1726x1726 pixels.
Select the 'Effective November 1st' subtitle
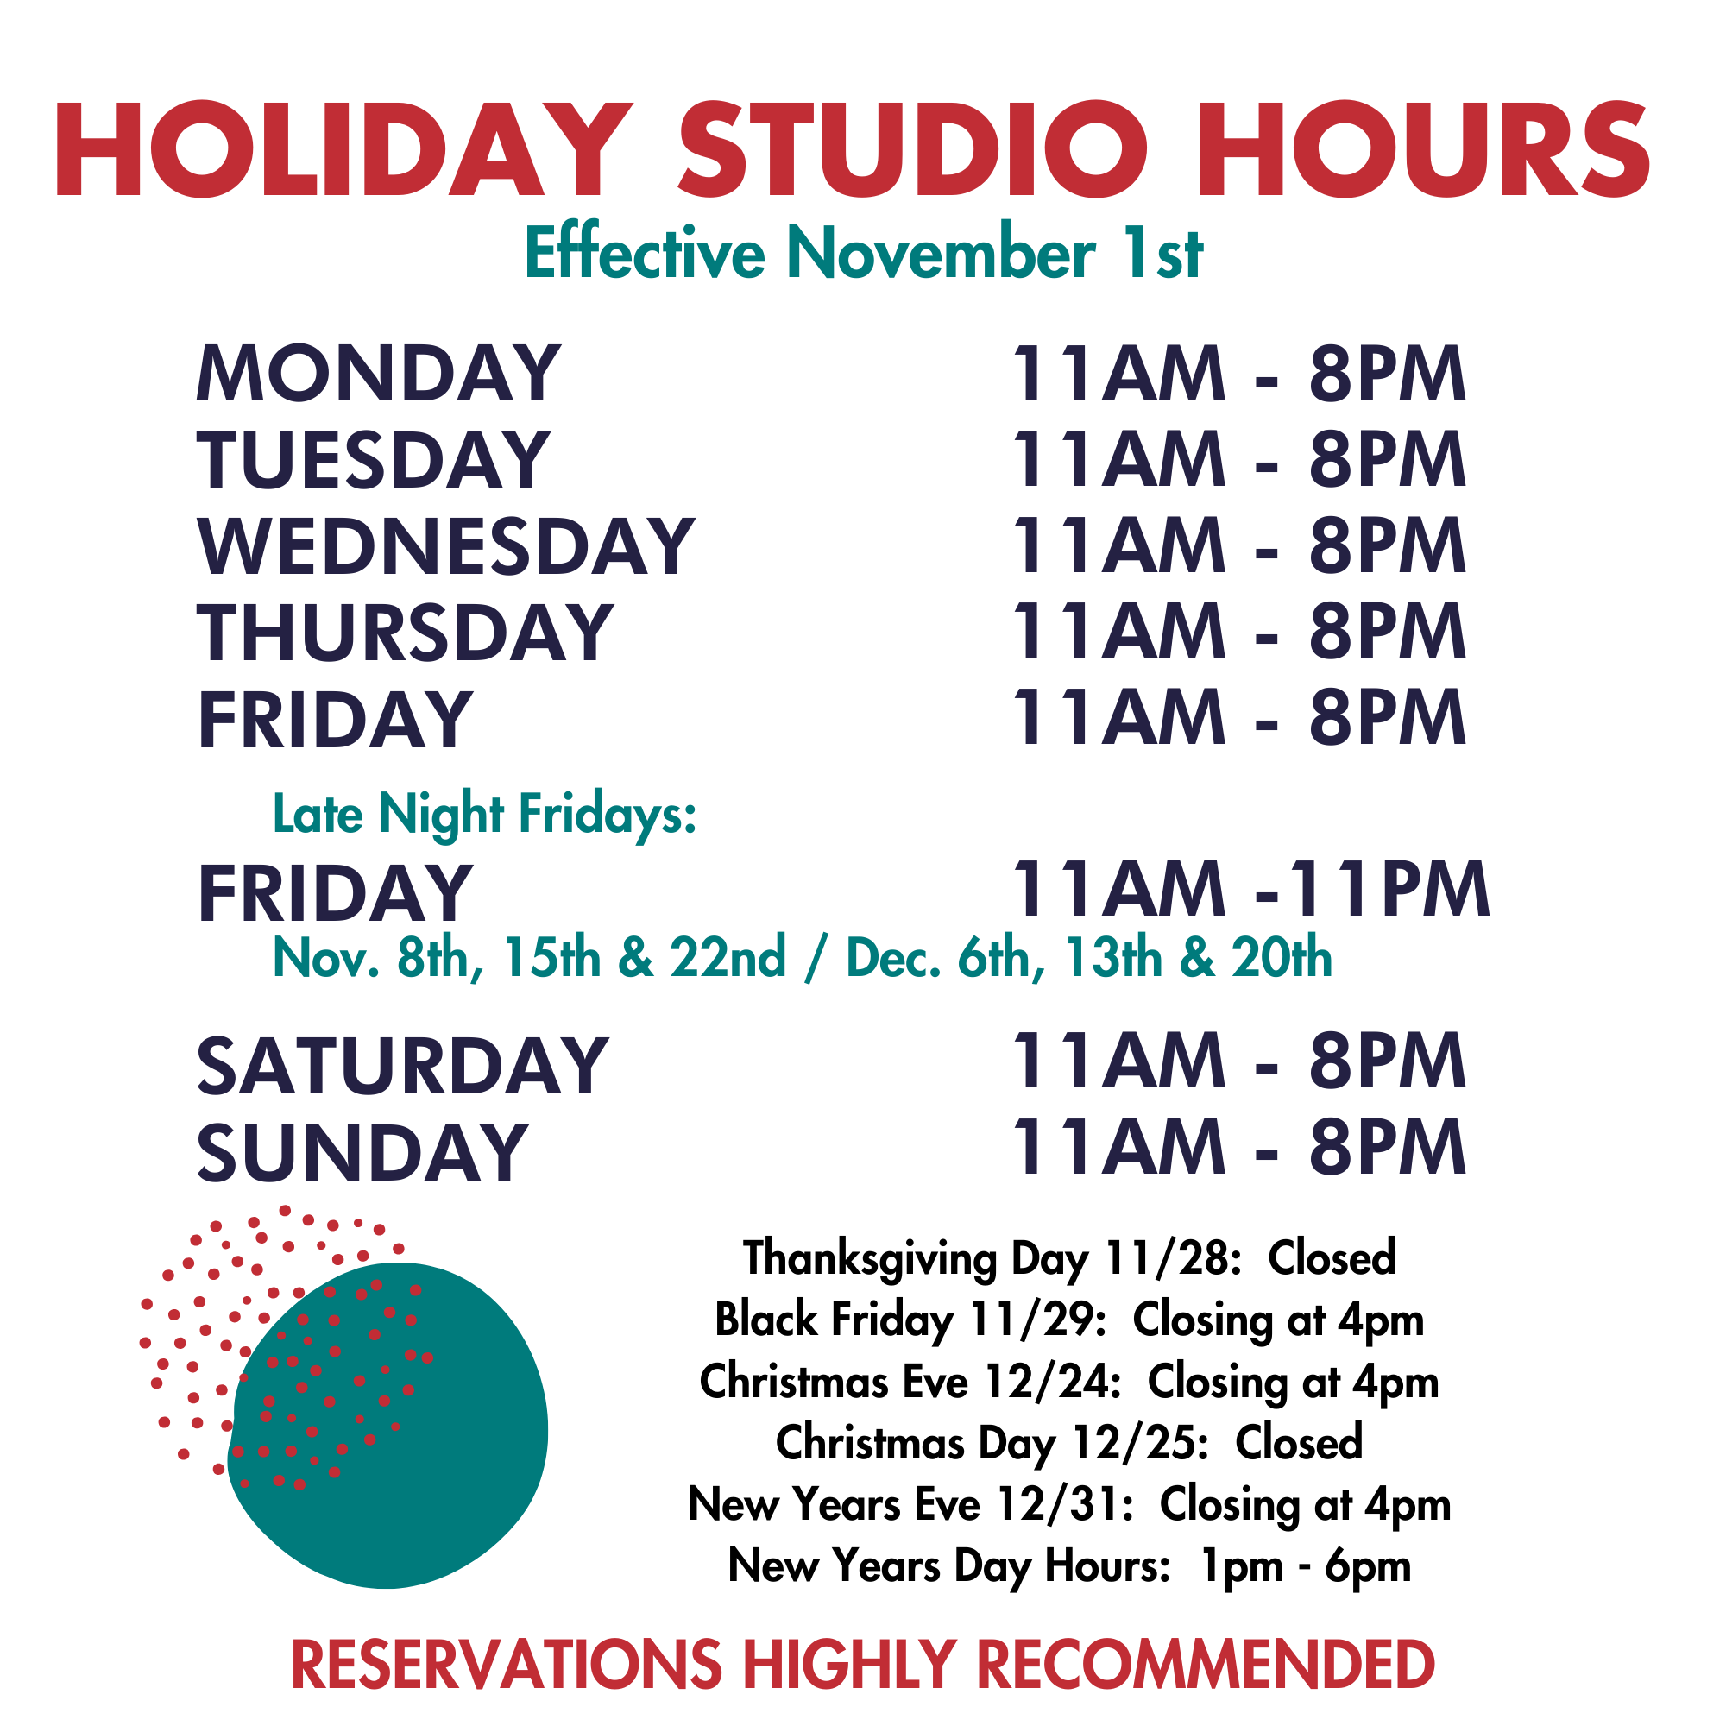point(864,253)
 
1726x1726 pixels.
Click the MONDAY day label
point(379,374)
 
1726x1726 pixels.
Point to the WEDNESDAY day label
point(446,547)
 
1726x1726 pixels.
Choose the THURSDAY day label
point(406,633)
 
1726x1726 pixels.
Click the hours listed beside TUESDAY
point(1238,459)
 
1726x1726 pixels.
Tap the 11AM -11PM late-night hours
point(1250,889)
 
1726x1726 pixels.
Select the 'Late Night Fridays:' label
point(484,815)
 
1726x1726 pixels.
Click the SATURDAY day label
point(403,1066)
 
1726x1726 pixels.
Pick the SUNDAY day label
point(362,1152)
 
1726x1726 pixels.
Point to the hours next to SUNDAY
point(1238,1147)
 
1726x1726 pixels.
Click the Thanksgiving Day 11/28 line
point(1069,1259)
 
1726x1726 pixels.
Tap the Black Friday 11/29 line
point(1069,1320)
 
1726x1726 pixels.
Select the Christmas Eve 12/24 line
point(1069,1382)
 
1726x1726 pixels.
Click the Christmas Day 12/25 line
point(1069,1443)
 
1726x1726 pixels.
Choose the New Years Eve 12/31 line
point(1069,1504)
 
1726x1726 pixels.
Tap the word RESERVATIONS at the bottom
point(507,1664)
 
